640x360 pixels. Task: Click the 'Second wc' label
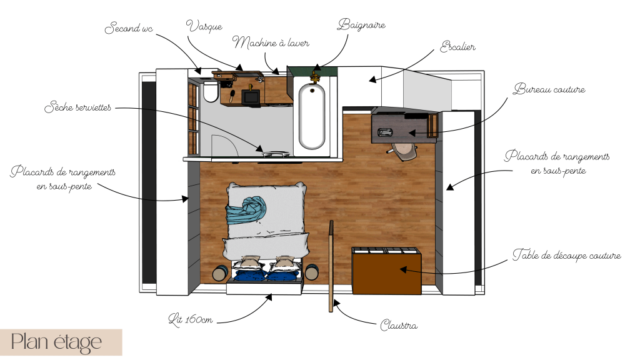point(129,27)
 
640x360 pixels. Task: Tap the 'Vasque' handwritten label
point(204,26)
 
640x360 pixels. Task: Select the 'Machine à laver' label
point(271,42)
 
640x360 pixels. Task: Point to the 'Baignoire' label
point(361,25)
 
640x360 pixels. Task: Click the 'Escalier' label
point(457,46)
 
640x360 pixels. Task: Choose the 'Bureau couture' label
point(549,89)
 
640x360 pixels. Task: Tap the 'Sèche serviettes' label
point(77,107)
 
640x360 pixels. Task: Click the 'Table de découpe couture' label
point(566,255)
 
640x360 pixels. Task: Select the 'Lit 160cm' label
point(191,319)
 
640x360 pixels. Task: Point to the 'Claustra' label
point(399,325)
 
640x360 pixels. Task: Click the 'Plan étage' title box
point(61,342)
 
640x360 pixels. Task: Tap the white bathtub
point(312,116)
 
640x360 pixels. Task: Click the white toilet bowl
point(211,92)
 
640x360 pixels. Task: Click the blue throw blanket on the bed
point(246,210)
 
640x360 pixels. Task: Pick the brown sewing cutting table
point(386,271)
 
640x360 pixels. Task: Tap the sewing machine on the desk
point(385,132)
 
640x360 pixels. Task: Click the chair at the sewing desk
point(402,151)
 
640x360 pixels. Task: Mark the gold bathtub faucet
point(314,76)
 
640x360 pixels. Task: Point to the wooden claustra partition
point(331,266)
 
